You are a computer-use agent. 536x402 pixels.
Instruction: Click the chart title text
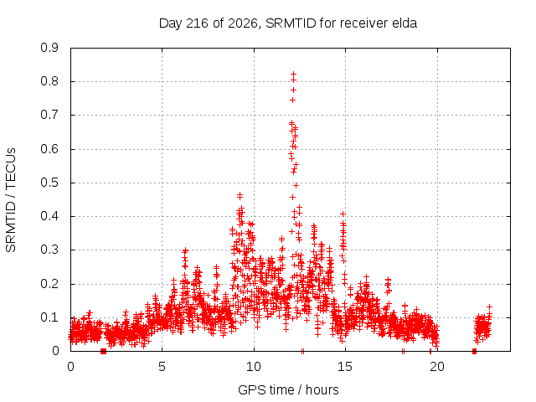[288, 23]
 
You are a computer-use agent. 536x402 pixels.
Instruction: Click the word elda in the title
[404, 23]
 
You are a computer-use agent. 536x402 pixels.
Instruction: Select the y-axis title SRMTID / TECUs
[11, 200]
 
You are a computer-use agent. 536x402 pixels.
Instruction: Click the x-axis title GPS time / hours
[288, 389]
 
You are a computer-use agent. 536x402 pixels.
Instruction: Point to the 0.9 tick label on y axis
[49, 48]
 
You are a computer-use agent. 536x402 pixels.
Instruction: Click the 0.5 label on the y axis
[49, 183]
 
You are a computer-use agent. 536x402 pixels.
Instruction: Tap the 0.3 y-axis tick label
[49, 250]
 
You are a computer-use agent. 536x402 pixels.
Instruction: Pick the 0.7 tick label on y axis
[49, 115]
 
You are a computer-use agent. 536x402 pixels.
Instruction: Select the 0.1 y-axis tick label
[49, 317]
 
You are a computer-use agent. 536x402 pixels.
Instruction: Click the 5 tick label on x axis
[162, 367]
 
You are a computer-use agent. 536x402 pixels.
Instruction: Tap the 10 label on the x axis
[254, 367]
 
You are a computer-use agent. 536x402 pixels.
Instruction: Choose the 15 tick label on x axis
[345, 367]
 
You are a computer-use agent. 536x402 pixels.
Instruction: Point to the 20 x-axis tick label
[437, 367]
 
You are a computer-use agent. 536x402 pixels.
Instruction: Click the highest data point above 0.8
[293, 74]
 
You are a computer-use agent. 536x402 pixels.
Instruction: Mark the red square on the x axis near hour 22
[474, 351]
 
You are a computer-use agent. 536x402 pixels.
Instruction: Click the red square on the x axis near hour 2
[103, 351]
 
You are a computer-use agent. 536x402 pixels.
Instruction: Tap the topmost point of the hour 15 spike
[343, 214]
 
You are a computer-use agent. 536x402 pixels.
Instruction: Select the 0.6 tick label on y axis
[49, 149]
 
